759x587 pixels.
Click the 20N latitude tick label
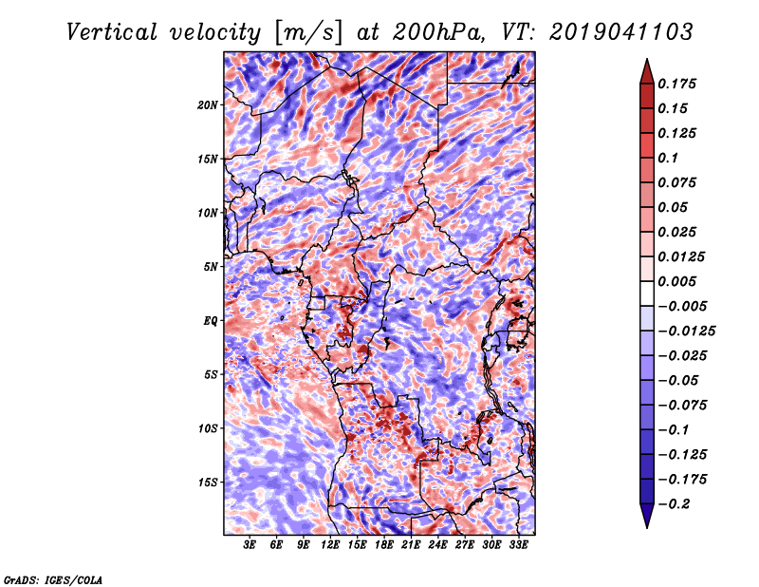pos(207,105)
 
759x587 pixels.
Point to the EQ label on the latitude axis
pos(210,321)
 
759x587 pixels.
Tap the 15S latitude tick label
pos(207,483)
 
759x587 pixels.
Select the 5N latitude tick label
pos(210,267)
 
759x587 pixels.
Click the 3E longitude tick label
pos(250,544)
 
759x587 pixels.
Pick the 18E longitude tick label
pos(383,544)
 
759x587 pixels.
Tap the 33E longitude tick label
pos(518,544)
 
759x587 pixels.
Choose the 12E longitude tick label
pos(329,544)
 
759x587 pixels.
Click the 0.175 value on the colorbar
pos(676,84)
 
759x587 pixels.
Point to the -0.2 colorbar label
pos(674,504)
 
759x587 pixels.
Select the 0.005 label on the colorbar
pos(676,281)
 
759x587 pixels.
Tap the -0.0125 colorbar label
pos(687,331)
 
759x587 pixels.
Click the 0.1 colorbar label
pos(668,158)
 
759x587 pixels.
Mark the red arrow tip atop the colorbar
pos(647,59)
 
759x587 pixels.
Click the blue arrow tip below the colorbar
pos(647,527)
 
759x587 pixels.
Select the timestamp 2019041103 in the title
pos(621,32)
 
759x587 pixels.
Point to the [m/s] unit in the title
pos(308,33)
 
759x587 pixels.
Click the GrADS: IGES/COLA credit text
pos(53,580)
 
